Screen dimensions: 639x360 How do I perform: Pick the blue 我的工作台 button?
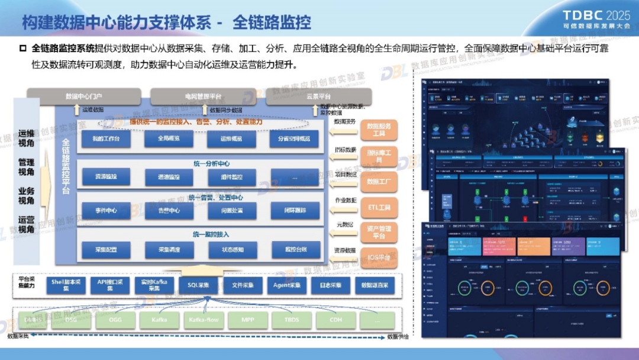pos(106,139)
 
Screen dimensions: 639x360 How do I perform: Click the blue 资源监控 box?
pos(106,176)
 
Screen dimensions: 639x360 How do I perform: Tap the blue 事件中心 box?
pos(106,210)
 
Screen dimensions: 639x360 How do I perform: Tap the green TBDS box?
pos(291,320)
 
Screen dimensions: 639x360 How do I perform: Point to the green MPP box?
pos(247,320)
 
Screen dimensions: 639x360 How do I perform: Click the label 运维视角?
pos(26,138)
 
